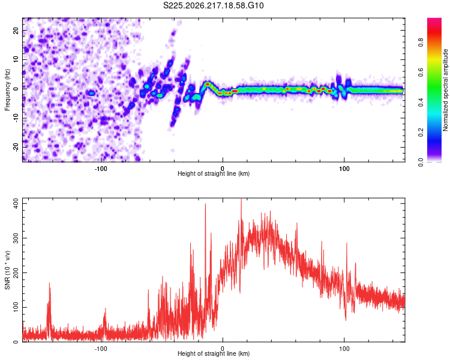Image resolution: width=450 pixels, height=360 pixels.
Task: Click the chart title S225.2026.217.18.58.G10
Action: point(213,5)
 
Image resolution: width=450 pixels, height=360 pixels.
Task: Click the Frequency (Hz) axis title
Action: point(7,90)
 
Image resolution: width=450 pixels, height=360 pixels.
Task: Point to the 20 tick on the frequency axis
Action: point(16,30)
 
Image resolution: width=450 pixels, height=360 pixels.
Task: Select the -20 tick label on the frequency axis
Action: point(16,147)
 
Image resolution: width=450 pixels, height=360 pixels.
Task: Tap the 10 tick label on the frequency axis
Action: point(16,59)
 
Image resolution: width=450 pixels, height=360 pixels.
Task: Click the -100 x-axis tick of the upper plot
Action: point(101,169)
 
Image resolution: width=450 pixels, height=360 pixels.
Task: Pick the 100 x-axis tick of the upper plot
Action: point(344,169)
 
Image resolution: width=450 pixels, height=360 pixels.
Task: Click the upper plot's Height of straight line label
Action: point(214,173)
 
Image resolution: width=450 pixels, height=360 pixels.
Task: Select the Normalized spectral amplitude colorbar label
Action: point(445,90)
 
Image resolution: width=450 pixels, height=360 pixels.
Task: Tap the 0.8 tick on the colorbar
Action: point(421,43)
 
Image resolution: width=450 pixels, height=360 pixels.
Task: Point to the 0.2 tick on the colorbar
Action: point(421,133)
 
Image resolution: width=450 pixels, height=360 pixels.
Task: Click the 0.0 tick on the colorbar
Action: point(421,162)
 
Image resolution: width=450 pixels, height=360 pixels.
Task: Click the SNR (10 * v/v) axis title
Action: point(7,270)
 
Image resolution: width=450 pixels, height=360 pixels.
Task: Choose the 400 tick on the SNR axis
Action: point(16,203)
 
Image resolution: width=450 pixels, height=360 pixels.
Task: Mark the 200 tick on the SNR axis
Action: point(16,273)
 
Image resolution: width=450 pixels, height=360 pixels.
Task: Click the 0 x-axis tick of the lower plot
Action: point(223,349)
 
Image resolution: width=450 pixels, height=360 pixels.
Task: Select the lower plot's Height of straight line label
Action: point(214,353)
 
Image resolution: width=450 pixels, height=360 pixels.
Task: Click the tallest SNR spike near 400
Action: point(241,199)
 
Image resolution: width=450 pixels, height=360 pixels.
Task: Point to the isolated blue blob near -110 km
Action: point(91,93)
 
